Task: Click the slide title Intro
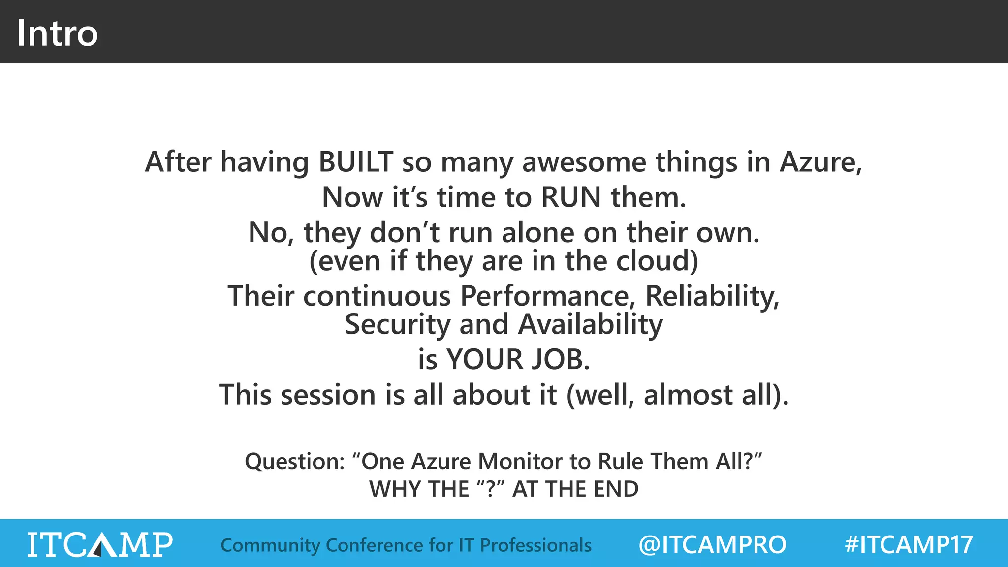[57, 33]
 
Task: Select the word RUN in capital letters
[571, 197]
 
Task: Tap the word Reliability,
[712, 296]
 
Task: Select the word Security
[397, 325]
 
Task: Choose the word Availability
[590, 325]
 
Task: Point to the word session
[328, 395]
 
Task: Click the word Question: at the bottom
[295, 462]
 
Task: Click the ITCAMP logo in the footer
[99, 544]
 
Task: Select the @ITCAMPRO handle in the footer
[712, 545]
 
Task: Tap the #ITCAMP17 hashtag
[908, 545]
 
